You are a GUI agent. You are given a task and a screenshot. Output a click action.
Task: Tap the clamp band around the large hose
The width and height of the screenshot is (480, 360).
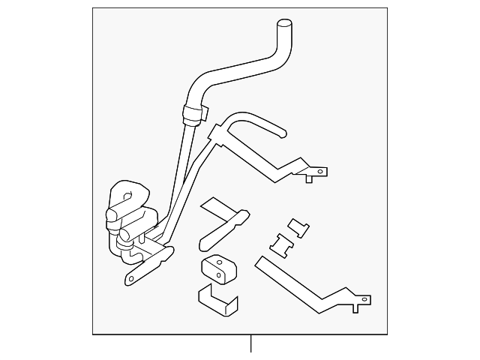(194, 114)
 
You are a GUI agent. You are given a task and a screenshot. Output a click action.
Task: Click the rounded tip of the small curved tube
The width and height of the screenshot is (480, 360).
(283, 134)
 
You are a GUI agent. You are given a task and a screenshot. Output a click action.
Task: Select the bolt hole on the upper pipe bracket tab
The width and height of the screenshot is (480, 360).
(321, 171)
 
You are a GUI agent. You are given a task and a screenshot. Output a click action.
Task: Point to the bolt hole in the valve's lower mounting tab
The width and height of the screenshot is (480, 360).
(130, 279)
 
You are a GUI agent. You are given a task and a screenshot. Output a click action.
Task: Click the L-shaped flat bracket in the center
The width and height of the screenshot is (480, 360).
(223, 226)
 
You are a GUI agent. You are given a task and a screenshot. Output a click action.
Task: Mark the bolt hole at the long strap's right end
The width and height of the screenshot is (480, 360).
(365, 300)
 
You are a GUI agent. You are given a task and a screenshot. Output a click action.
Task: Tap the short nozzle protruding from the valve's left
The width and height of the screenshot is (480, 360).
(109, 218)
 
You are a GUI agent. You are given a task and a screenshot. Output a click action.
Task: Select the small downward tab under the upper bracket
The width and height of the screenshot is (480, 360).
(307, 179)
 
